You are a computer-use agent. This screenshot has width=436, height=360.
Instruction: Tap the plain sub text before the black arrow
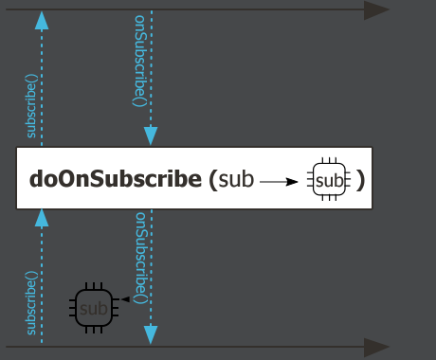pyautogui.click(x=236, y=178)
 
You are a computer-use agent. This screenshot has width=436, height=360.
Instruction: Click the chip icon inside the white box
pyautogui.click(x=329, y=178)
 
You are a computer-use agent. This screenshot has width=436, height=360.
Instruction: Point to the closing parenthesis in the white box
pyautogui.click(x=360, y=178)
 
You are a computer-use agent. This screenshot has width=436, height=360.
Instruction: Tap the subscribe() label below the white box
pyautogui.click(x=31, y=304)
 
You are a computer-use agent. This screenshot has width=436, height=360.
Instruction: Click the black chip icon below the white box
pyautogui.click(x=93, y=307)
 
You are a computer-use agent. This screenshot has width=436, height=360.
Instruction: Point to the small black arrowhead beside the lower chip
pyautogui.click(x=124, y=299)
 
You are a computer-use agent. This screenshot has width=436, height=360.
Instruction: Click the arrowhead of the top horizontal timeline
pyautogui.click(x=377, y=10)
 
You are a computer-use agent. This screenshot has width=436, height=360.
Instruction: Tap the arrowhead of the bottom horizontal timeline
pyautogui.click(x=377, y=347)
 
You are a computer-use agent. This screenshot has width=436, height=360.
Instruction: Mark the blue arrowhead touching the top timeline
pyautogui.click(x=41, y=19)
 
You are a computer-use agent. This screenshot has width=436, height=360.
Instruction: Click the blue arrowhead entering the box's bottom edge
pyautogui.click(x=41, y=218)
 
